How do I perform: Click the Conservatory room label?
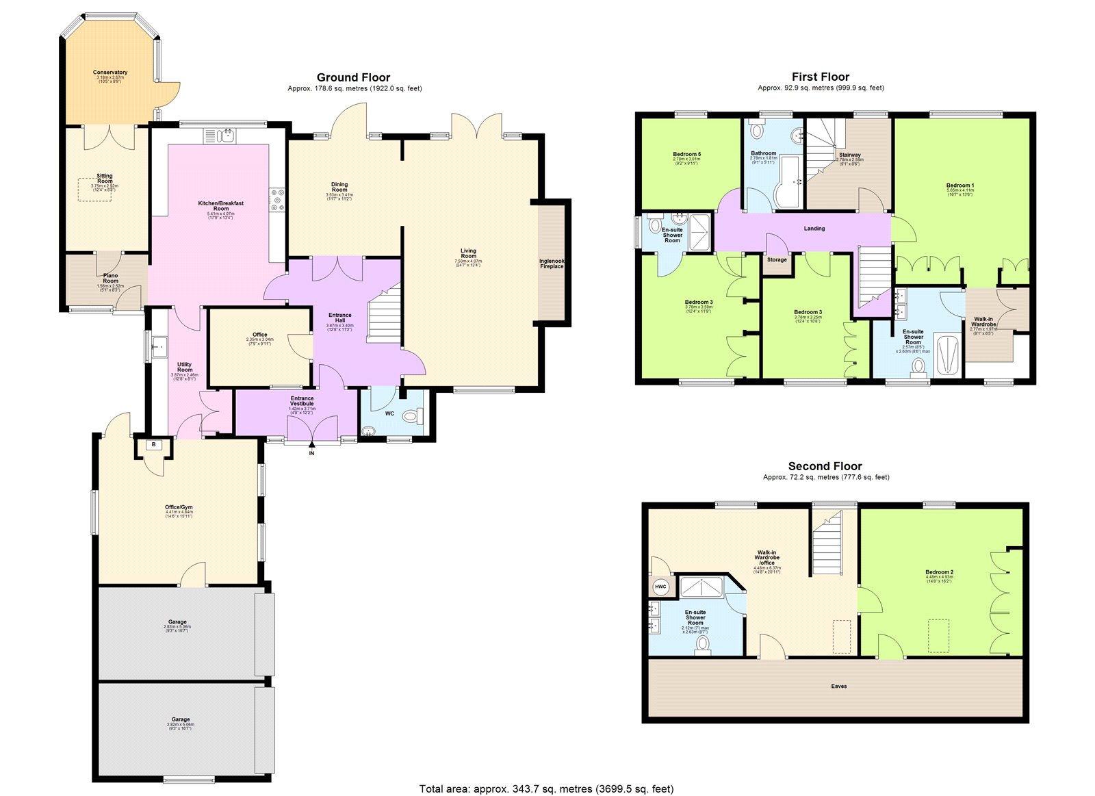pyautogui.click(x=110, y=73)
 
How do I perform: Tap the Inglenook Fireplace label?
pyautogui.click(x=552, y=264)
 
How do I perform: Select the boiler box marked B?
pyautogui.click(x=154, y=445)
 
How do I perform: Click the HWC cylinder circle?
pyautogui.click(x=660, y=587)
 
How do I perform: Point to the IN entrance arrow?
pyautogui.click(x=311, y=446)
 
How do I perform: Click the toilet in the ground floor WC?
pyautogui.click(x=413, y=415)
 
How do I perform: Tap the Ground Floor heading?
pyautogui.click(x=353, y=77)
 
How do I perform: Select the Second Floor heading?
pyautogui.click(x=825, y=466)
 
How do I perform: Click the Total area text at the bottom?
pyautogui.click(x=546, y=788)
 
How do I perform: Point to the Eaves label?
pyautogui.click(x=839, y=686)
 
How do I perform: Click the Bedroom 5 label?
pyautogui.click(x=686, y=154)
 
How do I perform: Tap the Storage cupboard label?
pyautogui.click(x=777, y=259)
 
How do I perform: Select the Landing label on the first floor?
pyautogui.click(x=814, y=229)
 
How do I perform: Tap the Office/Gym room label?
pyautogui.click(x=179, y=507)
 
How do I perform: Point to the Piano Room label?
pyautogui.click(x=110, y=278)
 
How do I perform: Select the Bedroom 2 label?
pyautogui.click(x=939, y=572)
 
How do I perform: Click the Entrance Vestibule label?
pyautogui.click(x=302, y=400)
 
